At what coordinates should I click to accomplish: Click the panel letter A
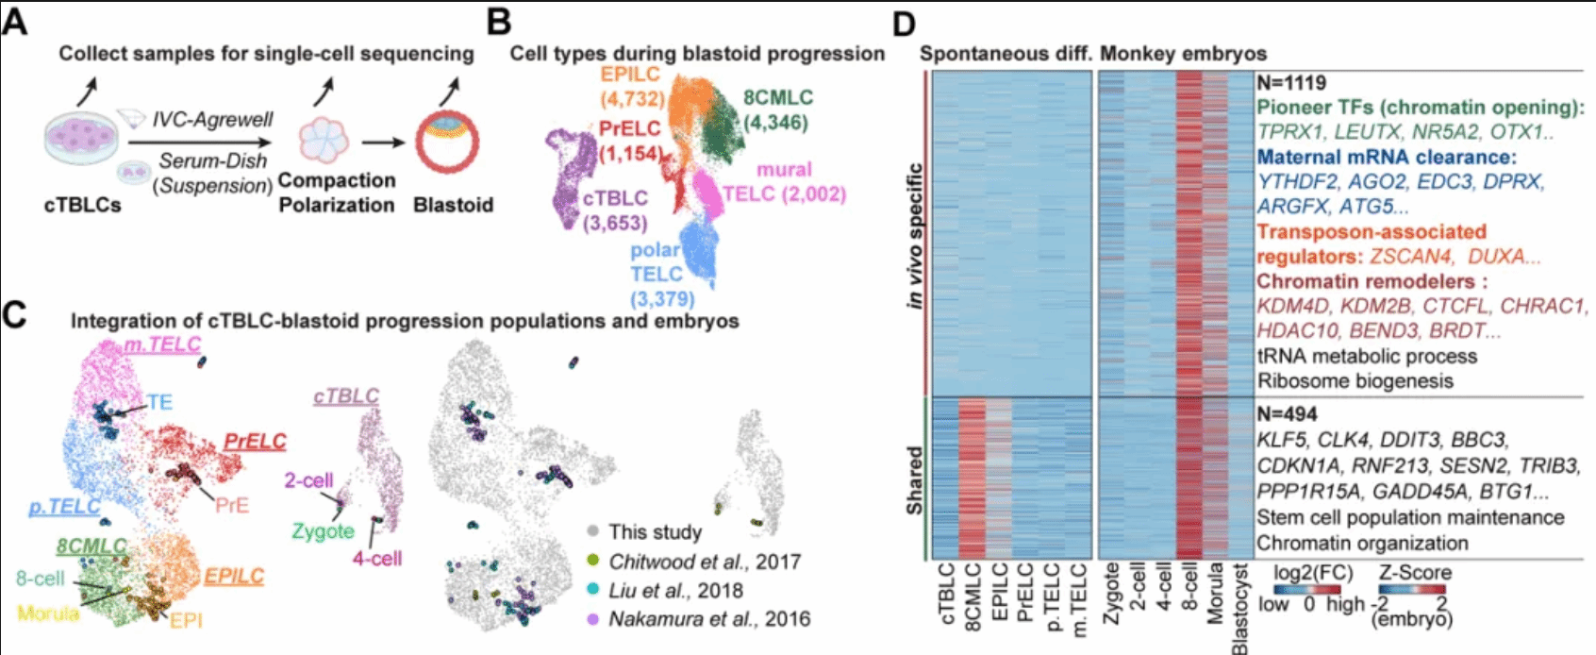15,22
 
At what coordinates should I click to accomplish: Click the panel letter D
904,25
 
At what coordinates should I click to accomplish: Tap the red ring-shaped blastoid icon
447,142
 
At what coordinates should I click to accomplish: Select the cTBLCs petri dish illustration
81,139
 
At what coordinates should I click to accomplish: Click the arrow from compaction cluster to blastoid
383,142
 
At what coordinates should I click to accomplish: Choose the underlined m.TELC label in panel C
162,345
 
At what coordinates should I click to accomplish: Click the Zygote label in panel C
323,531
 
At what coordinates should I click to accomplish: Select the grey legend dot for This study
592,531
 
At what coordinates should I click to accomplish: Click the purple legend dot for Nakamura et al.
592,618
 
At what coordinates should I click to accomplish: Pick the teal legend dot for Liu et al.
592,590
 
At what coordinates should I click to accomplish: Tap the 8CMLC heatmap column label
972,596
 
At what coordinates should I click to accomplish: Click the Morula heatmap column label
1215,593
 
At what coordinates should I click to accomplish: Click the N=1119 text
1291,83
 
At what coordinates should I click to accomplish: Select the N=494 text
1287,414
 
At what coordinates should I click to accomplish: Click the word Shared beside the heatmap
914,479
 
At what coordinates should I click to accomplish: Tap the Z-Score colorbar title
1415,572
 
